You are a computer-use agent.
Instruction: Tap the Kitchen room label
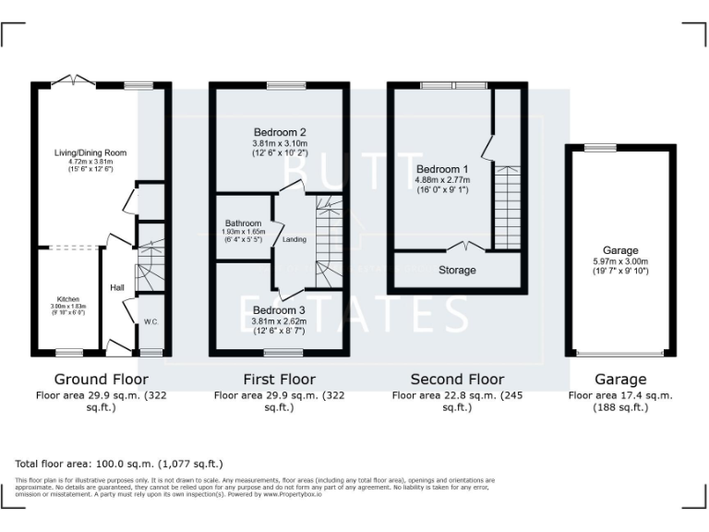(x=68, y=300)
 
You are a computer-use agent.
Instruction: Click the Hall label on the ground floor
(x=117, y=287)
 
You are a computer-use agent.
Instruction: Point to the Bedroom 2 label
(x=279, y=132)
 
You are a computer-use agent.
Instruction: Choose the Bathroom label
(x=244, y=224)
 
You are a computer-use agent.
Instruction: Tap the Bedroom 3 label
(x=279, y=309)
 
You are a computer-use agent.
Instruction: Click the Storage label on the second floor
(x=457, y=271)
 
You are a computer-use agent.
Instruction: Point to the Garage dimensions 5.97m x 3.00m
(x=620, y=261)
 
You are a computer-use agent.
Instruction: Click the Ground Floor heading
(x=101, y=379)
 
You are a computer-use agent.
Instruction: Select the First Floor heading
(x=279, y=379)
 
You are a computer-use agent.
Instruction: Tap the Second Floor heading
(x=457, y=379)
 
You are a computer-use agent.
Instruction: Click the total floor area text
(x=119, y=464)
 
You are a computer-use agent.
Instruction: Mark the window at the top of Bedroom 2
(x=279, y=86)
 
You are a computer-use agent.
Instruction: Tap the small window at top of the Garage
(x=601, y=147)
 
